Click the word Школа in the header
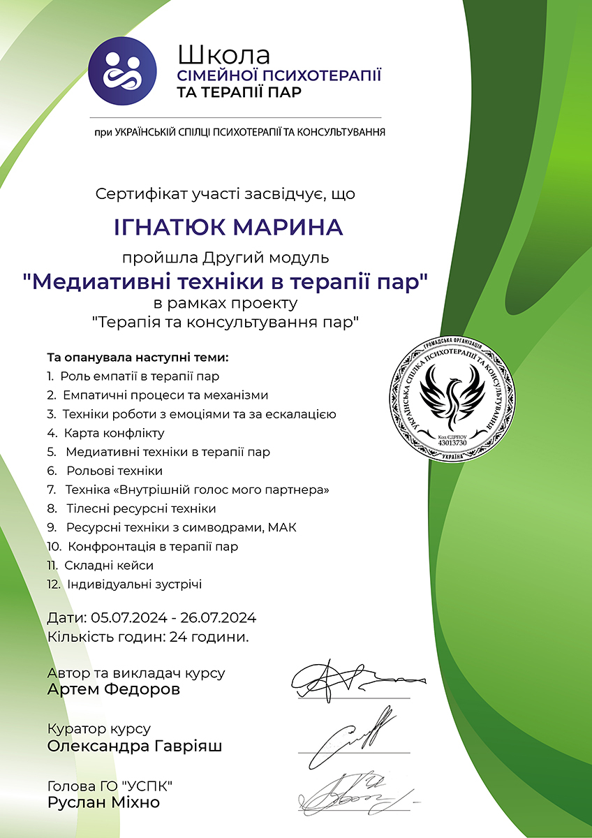[223, 54]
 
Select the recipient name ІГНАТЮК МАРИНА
[228, 227]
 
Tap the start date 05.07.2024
[131, 618]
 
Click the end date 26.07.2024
[219, 618]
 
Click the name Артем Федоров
[114, 690]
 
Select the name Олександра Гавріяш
[135, 747]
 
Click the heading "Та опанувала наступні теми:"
[138, 358]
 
